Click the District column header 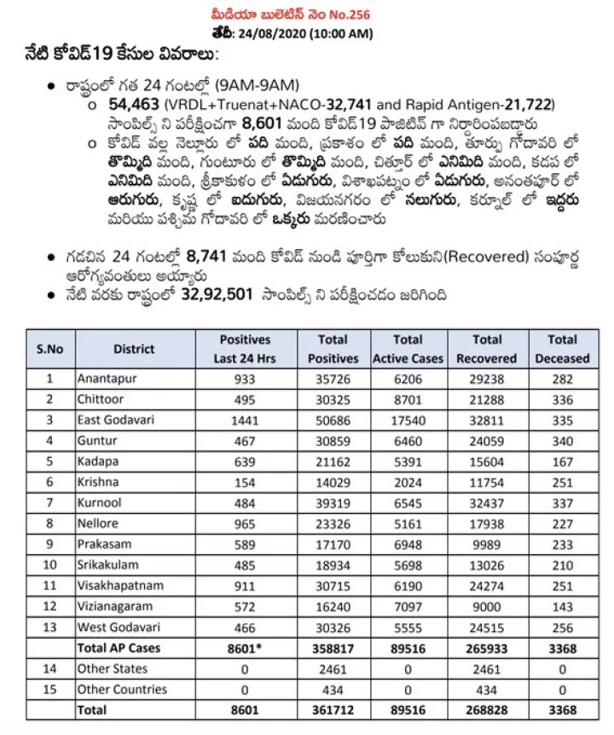[x=134, y=349]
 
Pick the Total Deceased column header [x=562, y=349]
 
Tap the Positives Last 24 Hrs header [x=245, y=349]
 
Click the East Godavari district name [x=111, y=420]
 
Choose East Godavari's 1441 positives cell [x=245, y=420]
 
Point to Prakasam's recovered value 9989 [x=487, y=544]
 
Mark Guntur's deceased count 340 [x=562, y=441]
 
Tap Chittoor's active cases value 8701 [x=408, y=399]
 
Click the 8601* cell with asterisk [x=245, y=648]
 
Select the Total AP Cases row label [x=119, y=648]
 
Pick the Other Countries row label [x=122, y=689]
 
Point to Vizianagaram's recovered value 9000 [x=487, y=606]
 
